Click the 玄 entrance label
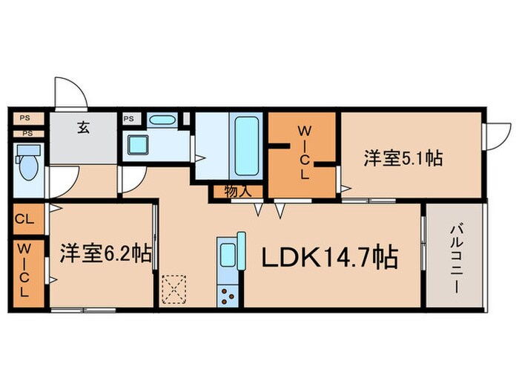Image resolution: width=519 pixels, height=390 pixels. tap(82, 126)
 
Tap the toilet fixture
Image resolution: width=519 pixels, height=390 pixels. tap(28, 165)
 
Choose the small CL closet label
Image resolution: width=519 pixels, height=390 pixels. tap(23, 220)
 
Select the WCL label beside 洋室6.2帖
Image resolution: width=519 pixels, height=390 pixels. tap(23, 270)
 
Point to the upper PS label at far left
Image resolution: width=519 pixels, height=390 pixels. tap(24, 118)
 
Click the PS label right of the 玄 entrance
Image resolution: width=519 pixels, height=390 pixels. tap(129, 118)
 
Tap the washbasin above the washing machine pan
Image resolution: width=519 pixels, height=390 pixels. tap(162, 120)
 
